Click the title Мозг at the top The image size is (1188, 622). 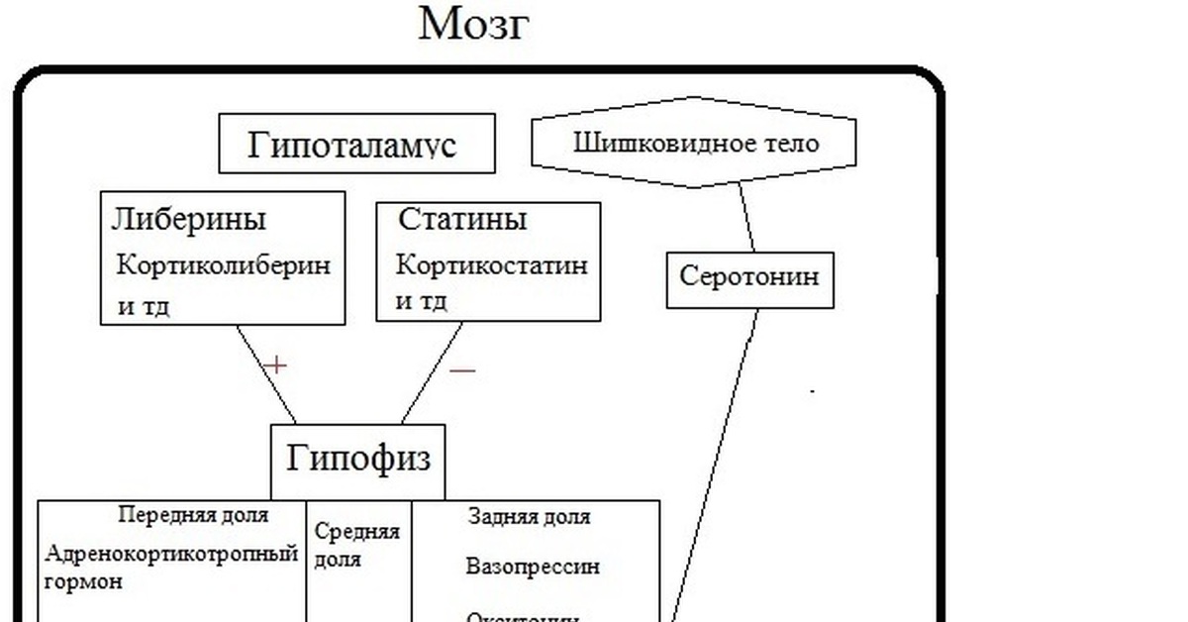pyautogui.click(x=473, y=25)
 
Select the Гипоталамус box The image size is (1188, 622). pyautogui.click(x=355, y=145)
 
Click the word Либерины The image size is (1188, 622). pyautogui.click(x=188, y=219)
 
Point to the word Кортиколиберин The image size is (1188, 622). pyautogui.click(x=224, y=265)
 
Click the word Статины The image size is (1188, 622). pyautogui.click(x=462, y=219)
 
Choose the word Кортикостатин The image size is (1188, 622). pyautogui.click(x=492, y=265)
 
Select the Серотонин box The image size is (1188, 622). pyautogui.click(x=749, y=276)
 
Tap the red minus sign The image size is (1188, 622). pyautogui.click(x=462, y=371)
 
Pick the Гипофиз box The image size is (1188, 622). pyautogui.click(x=358, y=459)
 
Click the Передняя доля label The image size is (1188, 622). pyautogui.click(x=193, y=515)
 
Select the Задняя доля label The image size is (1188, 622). pyautogui.click(x=529, y=516)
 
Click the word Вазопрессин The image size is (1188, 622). pyautogui.click(x=533, y=568)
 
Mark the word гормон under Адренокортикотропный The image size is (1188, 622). pyautogui.click(x=84, y=581)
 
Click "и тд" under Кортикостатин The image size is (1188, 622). pyautogui.click(x=422, y=300)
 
